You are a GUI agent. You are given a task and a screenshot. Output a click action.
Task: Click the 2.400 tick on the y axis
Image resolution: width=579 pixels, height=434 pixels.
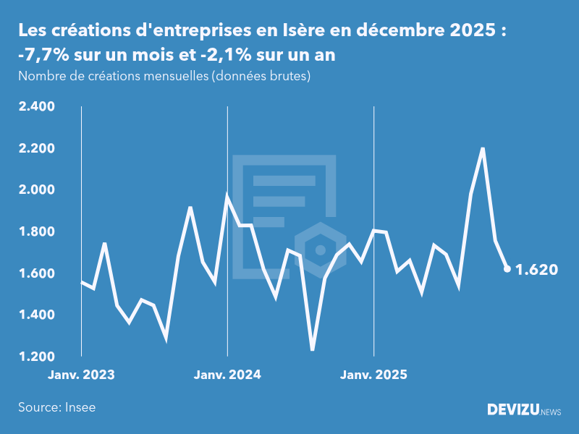(x=36, y=107)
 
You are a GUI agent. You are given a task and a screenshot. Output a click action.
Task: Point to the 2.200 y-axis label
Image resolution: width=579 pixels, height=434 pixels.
(x=36, y=149)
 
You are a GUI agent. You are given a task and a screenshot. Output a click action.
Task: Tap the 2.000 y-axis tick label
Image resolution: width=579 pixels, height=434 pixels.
(x=36, y=190)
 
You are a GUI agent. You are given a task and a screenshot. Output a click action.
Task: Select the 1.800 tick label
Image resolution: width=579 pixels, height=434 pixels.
(x=36, y=232)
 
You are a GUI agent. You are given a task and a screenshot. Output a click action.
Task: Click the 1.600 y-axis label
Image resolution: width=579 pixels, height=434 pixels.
(x=36, y=273)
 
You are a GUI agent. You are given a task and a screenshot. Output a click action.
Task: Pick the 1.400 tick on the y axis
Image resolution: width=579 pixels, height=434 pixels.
(x=36, y=315)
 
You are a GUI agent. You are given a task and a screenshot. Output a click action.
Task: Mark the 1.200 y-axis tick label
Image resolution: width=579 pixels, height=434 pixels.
(x=36, y=357)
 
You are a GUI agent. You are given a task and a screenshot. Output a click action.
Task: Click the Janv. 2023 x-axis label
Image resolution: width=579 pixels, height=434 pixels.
(x=82, y=375)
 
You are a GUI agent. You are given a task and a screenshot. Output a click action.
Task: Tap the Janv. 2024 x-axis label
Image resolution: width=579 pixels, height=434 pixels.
(x=228, y=375)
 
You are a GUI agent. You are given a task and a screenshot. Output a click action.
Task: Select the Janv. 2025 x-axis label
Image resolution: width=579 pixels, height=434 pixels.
(x=374, y=375)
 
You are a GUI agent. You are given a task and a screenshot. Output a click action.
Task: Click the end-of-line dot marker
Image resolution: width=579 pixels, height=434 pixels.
(x=507, y=269)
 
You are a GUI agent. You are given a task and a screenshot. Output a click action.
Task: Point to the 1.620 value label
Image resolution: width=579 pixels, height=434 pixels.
(x=536, y=270)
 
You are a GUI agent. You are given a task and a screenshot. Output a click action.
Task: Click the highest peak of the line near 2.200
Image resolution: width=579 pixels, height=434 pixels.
(x=483, y=149)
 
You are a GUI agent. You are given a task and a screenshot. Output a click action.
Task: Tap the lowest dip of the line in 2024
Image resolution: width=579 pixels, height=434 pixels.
(x=313, y=349)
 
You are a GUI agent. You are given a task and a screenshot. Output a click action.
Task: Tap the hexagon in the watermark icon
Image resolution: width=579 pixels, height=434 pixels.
(x=319, y=250)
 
